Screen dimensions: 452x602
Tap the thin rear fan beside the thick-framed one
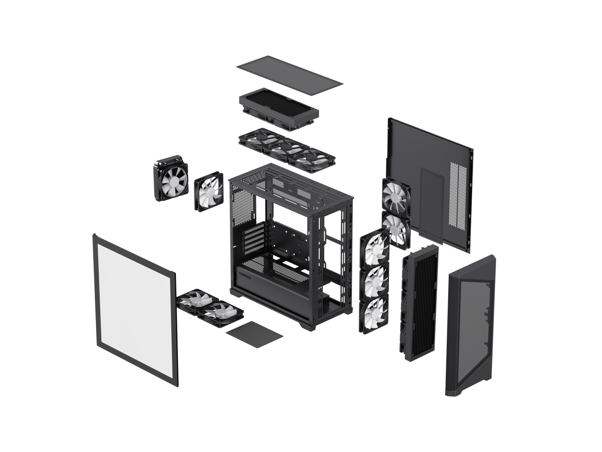208,191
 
